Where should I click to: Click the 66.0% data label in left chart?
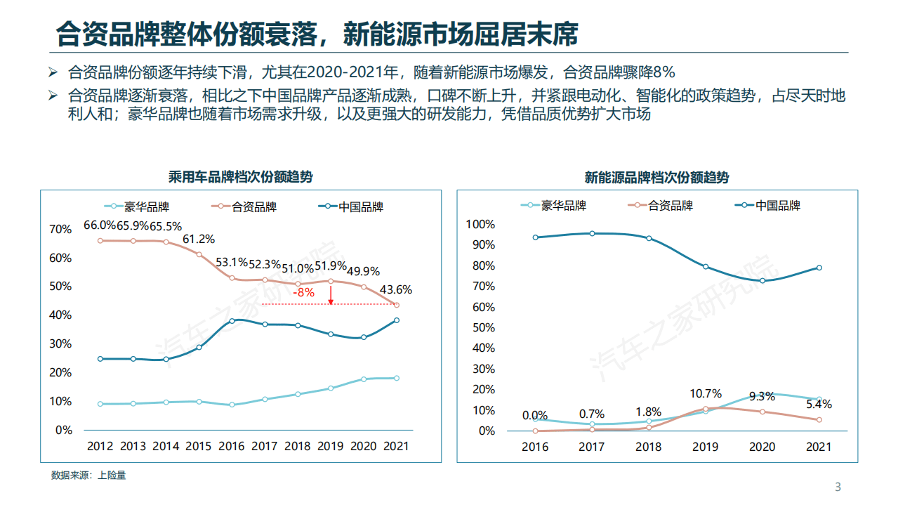(100, 225)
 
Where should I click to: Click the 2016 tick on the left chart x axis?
(232, 446)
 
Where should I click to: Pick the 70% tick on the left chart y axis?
(60, 229)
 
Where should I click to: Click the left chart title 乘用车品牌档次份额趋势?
(240, 177)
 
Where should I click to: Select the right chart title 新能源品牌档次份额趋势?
(656, 178)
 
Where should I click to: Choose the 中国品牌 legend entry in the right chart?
(777, 206)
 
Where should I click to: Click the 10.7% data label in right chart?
(706, 393)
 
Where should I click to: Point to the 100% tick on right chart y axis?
(480, 224)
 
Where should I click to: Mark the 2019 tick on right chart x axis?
(705, 447)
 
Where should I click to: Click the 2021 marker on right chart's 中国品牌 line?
(819, 268)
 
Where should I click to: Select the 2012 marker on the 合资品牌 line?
(100, 241)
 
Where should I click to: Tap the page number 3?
(837, 487)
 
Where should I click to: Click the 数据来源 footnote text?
(88, 476)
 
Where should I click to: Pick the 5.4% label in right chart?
(818, 405)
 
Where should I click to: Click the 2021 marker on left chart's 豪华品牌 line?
(397, 378)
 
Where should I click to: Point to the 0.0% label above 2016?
(535, 415)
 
